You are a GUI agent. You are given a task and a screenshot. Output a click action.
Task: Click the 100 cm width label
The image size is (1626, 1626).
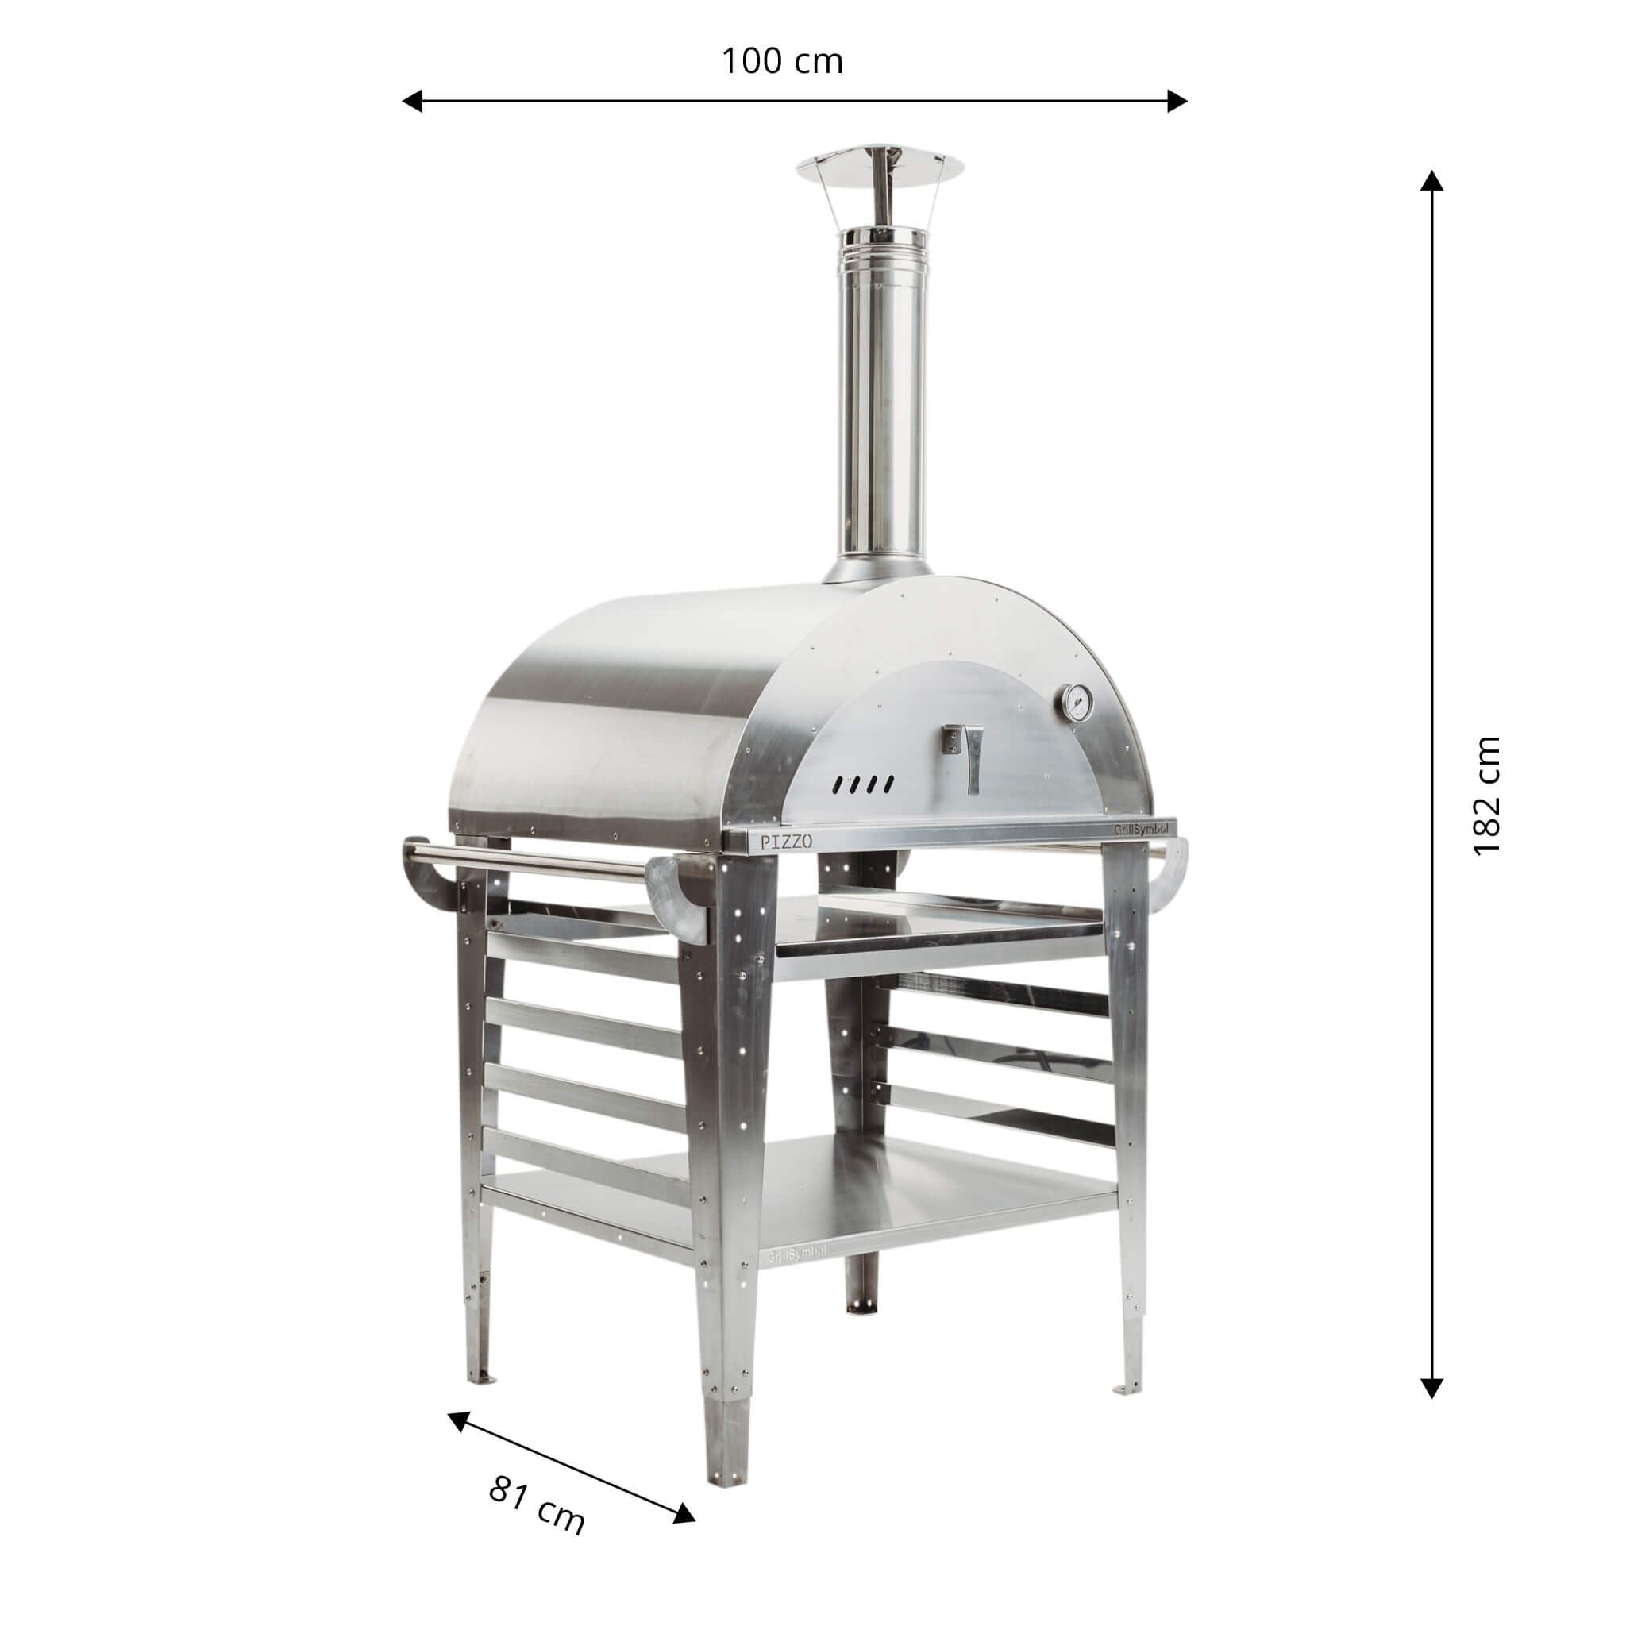(782, 61)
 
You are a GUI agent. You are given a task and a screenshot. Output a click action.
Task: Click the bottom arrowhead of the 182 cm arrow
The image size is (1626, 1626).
(1431, 1388)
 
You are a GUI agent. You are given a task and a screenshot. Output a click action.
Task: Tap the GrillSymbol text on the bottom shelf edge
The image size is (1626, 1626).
(796, 1277)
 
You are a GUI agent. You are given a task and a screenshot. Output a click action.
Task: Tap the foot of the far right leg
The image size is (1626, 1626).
(1127, 1386)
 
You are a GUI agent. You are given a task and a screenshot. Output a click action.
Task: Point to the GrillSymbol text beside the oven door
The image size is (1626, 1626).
(1139, 829)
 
